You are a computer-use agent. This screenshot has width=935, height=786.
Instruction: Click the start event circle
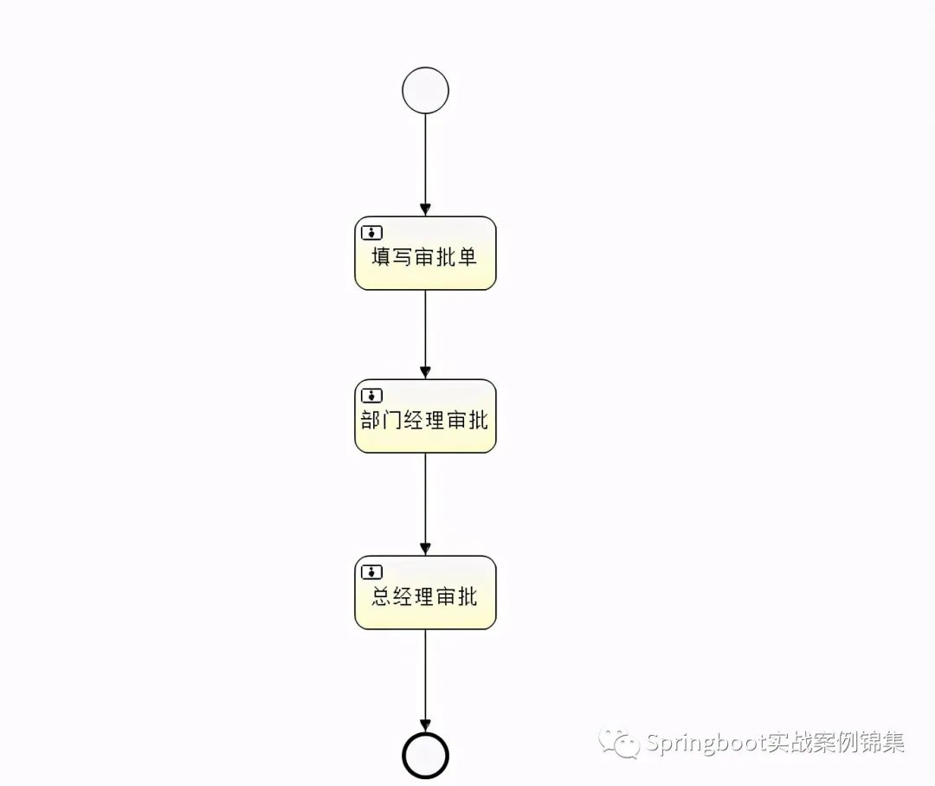click(425, 91)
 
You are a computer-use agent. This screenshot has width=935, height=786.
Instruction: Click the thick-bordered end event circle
click(425, 755)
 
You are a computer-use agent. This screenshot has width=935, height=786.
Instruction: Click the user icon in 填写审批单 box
click(371, 232)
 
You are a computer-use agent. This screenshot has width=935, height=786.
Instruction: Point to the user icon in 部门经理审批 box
click(371, 395)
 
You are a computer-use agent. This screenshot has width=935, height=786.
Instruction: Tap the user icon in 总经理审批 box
click(371, 571)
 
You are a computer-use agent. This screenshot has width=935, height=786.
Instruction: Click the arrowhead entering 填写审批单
click(425, 210)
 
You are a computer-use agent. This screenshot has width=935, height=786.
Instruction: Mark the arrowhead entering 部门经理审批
click(425, 373)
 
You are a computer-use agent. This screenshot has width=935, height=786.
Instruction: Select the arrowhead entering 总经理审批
click(425, 550)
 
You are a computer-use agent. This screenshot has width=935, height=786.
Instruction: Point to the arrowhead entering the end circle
click(425, 725)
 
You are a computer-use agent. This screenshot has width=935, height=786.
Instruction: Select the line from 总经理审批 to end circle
click(425, 675)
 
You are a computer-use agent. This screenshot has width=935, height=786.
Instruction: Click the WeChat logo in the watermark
click(620, 743)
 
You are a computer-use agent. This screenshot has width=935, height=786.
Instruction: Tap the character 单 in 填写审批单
click(467, 257)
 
